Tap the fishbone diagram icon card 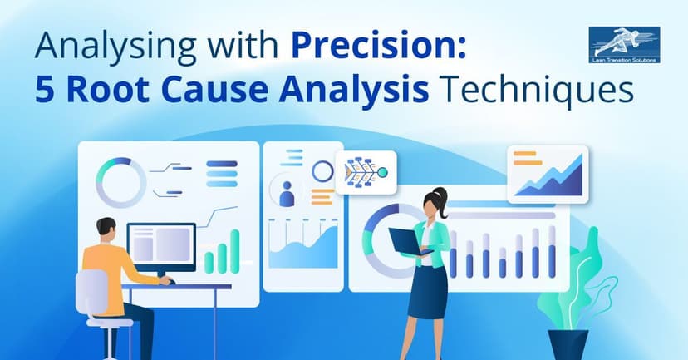tap(366, 173)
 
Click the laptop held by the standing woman tap(408, 241)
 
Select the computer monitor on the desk tap(161, 248)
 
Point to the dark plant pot tap(568, 343)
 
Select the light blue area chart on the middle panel tap(302, 249)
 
